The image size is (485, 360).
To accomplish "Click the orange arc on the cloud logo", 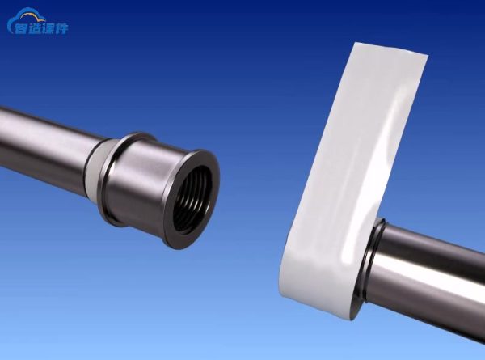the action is click(30, 15).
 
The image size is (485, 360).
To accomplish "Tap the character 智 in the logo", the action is click(22, 28).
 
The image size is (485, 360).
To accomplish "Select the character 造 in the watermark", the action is click(36, 28).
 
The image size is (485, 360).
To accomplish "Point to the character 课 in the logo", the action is click(48, 28).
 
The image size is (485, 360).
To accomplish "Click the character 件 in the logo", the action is click(61, 28).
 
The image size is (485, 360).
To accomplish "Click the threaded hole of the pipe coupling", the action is click(192, 200).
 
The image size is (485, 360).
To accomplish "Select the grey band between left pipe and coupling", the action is click(95, 169).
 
